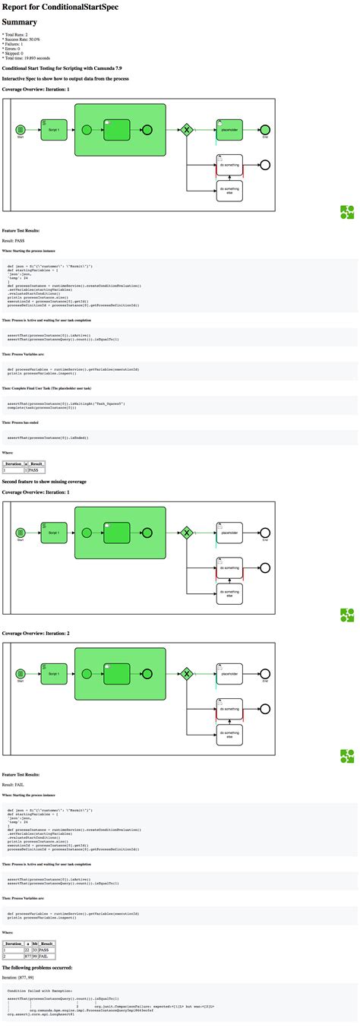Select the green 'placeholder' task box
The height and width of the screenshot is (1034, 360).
coord(229,129)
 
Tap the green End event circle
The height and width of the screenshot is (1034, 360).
coord(264,130)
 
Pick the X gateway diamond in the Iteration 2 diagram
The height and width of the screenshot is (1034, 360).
coord(186,673)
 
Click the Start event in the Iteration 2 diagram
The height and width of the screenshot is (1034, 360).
coord(21,673)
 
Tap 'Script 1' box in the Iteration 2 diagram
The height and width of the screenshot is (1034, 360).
coord(53,673)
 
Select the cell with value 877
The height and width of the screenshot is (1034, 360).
coord(27,957)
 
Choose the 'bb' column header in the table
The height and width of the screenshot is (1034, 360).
coord(35,942)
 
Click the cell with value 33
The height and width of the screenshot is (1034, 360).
coord(35,950)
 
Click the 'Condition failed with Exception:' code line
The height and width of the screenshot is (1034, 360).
coord(34,991)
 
